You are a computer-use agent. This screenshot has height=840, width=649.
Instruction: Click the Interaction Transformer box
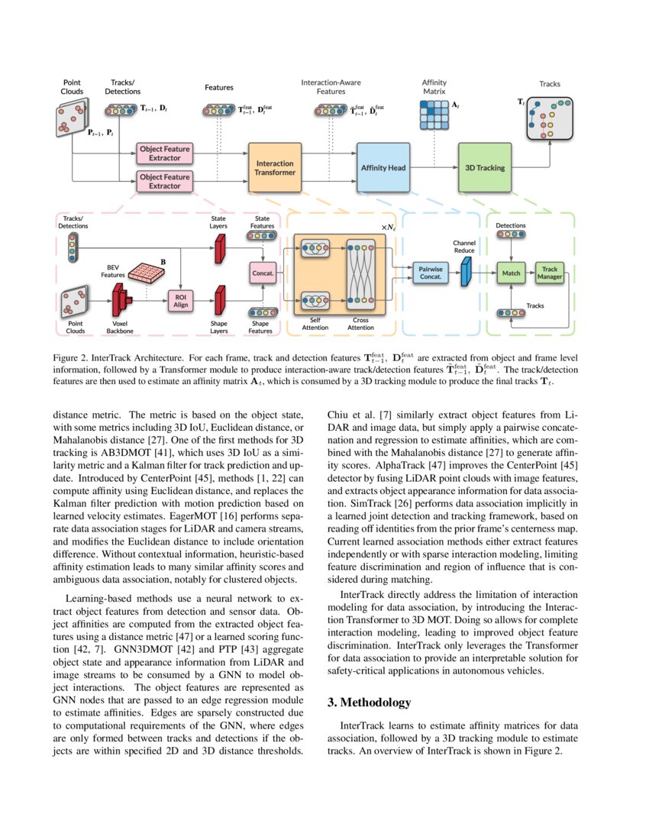275,167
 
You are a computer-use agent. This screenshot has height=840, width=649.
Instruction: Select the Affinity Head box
383,167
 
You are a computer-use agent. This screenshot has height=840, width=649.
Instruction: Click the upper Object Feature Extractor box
165,153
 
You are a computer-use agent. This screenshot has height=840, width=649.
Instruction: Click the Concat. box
263,273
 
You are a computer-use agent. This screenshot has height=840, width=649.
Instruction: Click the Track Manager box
551,273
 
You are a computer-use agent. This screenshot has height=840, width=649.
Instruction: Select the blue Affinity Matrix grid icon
434,115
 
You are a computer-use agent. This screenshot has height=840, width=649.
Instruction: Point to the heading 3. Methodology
369,702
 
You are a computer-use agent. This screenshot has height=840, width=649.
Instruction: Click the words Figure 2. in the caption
70,357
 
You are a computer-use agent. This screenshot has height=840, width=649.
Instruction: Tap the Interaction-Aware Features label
331,86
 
